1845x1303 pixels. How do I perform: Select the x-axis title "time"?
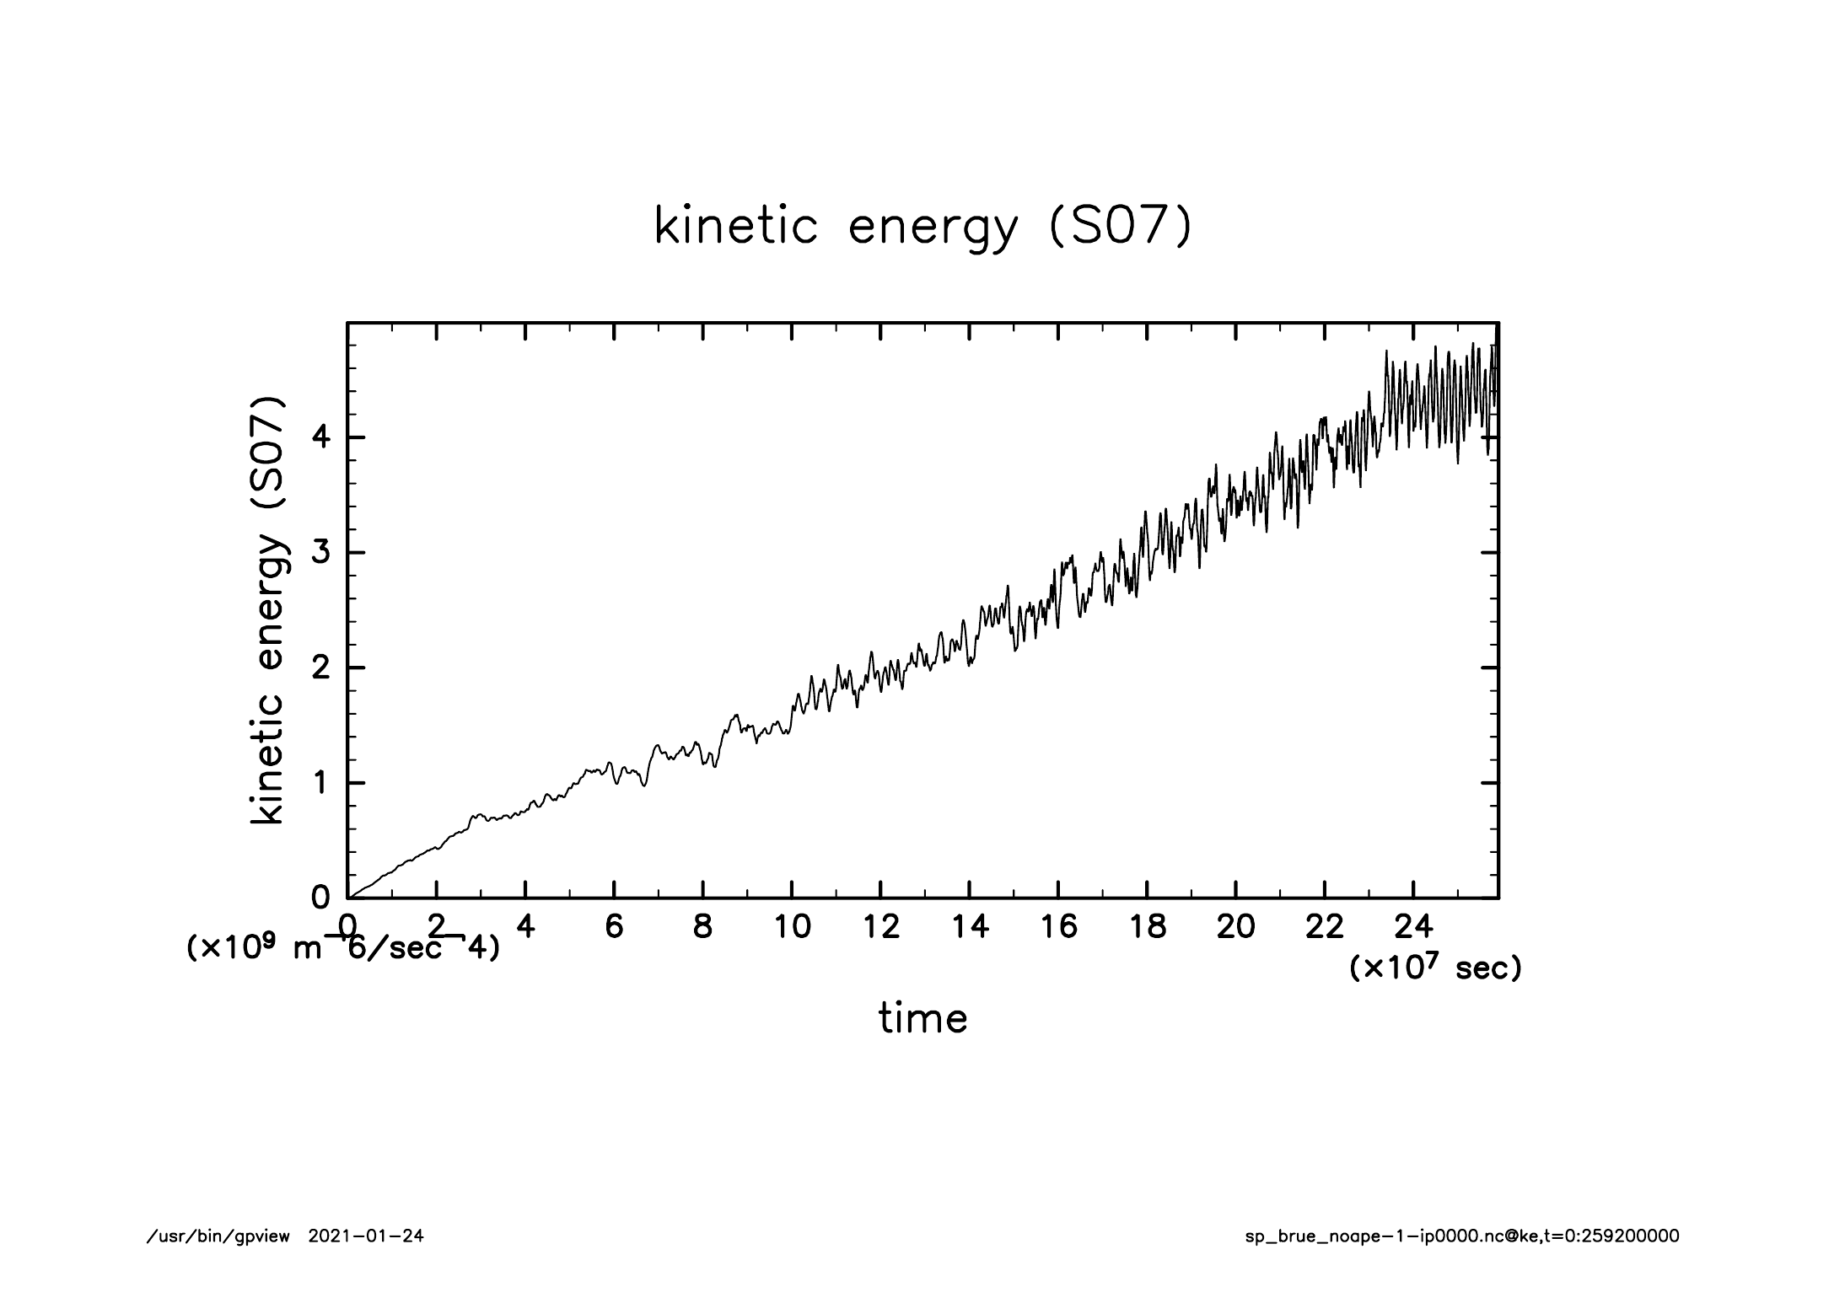(x=922, y=1018)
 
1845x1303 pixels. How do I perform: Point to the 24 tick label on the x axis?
(x=1413, y=927)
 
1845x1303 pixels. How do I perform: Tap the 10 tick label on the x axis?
(x=791, y=927)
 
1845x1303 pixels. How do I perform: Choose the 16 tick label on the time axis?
(x=1058, y=927)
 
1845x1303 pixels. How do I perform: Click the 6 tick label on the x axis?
(x=614, y=927)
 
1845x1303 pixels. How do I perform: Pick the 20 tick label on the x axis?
(x=1235, y=927)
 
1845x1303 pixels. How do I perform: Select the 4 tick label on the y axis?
(x=321, y=438)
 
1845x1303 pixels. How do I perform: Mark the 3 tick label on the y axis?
(x=321, y=553)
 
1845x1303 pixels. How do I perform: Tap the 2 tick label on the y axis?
(x=321, y=668)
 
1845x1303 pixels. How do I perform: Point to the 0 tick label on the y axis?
(x=321, y=897)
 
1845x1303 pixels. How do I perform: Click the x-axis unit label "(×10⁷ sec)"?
(x=1435, y=968)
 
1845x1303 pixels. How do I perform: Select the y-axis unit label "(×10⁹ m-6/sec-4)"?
(x=342, y=948)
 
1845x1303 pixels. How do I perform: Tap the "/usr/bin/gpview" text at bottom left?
(x=218, y=1236)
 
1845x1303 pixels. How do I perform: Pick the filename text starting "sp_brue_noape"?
(x=1461, y=1236)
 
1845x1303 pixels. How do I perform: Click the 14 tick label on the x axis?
(x=970, y=927)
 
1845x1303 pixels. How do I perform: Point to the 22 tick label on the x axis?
(x=1324, y=927)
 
